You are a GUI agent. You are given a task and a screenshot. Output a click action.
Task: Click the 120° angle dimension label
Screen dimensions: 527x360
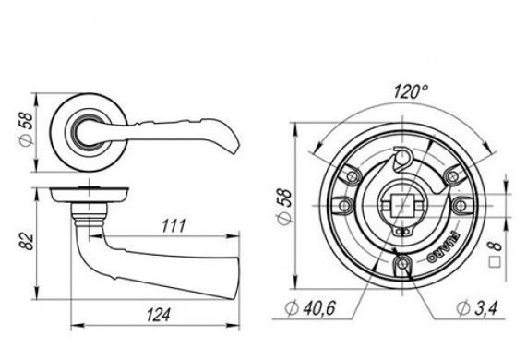411,91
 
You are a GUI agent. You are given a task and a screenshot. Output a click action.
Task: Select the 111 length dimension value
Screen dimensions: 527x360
174,226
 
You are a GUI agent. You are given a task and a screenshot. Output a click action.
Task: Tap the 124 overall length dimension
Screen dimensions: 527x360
158,315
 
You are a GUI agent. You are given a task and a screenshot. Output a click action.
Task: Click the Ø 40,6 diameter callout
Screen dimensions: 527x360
310,307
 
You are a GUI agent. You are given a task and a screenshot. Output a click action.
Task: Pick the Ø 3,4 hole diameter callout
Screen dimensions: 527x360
476,307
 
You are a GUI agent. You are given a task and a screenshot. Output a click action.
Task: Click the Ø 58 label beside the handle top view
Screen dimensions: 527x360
26,129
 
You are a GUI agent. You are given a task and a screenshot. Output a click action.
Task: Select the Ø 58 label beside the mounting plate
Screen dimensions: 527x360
283,206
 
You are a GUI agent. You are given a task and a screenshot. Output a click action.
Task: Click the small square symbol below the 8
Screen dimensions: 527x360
495,262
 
